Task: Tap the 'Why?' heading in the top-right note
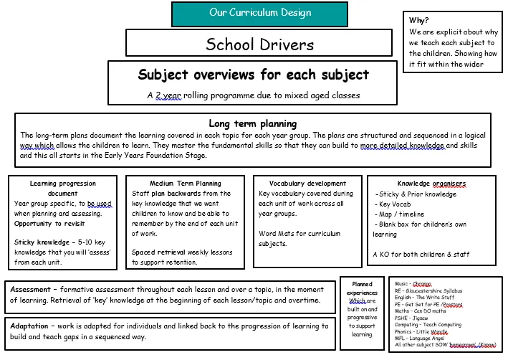pos(419,20)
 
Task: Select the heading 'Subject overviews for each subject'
pos(253,75)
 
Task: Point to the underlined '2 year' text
pos(167,95)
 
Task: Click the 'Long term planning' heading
pos(252,123)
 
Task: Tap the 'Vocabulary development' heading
pos(307,184)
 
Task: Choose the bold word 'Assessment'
pos(34,290)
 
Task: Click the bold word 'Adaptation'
pos(34,326)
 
